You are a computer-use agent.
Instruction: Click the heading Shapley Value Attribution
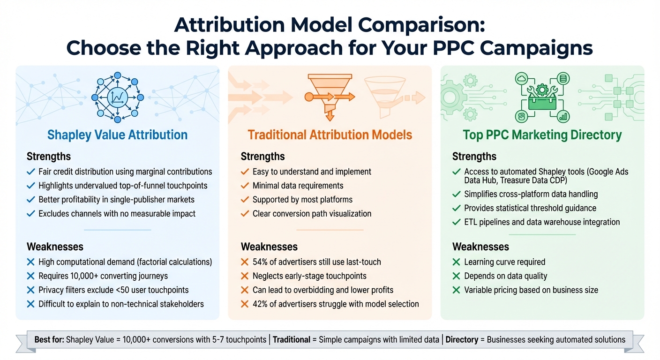[117, 135]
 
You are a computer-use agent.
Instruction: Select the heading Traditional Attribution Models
[330, 135]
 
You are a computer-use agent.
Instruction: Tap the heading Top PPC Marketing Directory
[542, 135]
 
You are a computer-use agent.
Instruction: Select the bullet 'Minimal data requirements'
[298, 186]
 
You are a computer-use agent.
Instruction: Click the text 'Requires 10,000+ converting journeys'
[103, 276]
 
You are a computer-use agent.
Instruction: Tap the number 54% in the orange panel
[260, 262]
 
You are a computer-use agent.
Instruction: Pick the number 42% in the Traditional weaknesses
[260, 304]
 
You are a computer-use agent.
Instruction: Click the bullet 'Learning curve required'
[504, 262]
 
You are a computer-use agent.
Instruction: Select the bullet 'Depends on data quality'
[505, 276]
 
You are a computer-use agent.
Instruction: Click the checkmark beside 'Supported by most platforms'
[244, 200]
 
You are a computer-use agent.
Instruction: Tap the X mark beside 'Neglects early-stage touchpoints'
[244, 276]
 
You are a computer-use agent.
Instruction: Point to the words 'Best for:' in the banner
[49, 339]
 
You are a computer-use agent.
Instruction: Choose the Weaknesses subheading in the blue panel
[55, 247]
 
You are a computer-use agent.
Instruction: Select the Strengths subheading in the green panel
[474, 157]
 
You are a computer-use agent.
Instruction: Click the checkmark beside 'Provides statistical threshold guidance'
[456, 208]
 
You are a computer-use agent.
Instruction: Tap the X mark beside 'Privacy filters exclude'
[31, 290]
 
